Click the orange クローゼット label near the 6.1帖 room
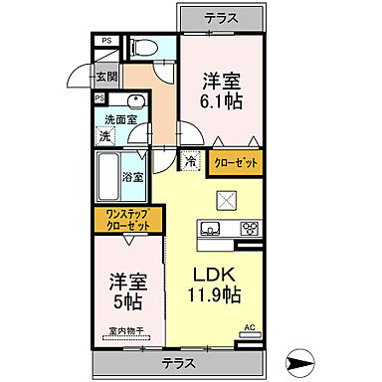coord(237,161)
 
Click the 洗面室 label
coord(120,120)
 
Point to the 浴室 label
coord(132,176)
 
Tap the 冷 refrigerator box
coord(190,160)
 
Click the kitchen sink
coord(211,230)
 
